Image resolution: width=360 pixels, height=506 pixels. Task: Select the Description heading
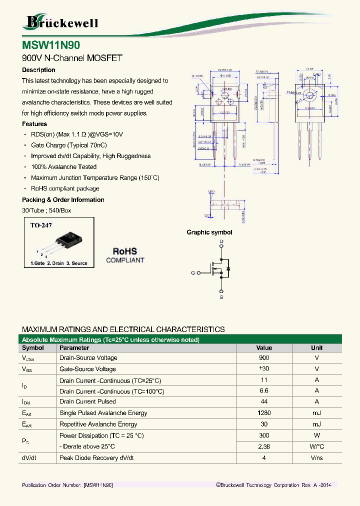coord(38,70)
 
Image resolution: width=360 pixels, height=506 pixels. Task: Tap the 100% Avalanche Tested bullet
coord(63,167)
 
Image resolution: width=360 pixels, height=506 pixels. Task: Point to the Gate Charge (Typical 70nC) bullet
coord(62,145)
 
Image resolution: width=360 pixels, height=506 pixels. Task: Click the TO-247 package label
coord(41,225)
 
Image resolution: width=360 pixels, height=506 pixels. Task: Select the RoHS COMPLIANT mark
coord(125,255)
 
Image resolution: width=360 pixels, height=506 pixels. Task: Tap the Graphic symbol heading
coord(209,232)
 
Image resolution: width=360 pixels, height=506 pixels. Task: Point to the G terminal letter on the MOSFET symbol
coord(193,273)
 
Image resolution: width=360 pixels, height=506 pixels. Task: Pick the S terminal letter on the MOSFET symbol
coord(221,297)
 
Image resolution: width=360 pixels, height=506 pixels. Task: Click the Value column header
coord(264,348)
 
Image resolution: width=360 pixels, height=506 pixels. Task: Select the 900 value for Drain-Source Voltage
coord(264,358)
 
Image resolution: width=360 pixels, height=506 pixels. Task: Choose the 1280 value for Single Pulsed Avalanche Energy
coord(264,413)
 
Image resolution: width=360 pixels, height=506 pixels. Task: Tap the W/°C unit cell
coord(317,446)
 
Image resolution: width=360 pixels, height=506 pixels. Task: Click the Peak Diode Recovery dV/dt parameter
coord(96,458)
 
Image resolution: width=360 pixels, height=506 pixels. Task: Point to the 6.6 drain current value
coord(264,391)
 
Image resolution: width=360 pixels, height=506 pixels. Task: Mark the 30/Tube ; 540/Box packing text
coord(46,210)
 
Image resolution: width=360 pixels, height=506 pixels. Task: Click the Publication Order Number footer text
coord(67,485)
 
